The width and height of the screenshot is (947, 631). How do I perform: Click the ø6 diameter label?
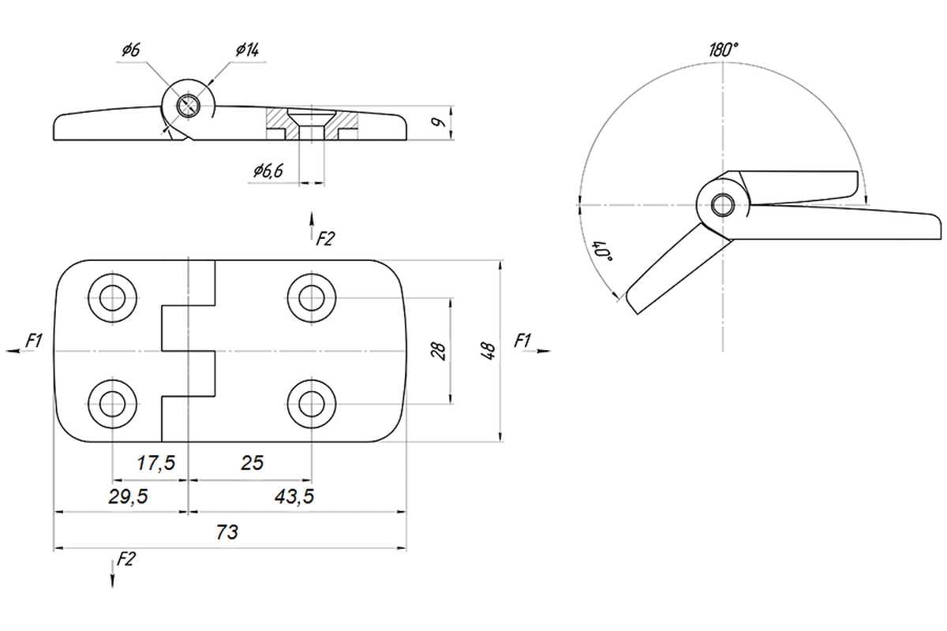131,50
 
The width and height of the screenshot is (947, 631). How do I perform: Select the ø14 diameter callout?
247,50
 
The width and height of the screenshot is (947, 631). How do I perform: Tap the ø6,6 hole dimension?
268,171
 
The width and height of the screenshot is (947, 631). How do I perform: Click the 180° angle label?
724,50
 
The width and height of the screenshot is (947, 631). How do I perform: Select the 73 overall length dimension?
227,532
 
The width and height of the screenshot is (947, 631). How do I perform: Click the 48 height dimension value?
488,351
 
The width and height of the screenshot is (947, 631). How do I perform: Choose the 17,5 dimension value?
155,463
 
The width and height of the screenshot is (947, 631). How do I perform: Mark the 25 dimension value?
252,463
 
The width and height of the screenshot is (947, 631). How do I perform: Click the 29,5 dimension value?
128,497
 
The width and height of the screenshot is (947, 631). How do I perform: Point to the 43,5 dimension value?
294,497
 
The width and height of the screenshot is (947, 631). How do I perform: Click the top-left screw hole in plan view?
112,298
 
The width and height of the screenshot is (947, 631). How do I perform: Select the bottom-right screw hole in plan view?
312,404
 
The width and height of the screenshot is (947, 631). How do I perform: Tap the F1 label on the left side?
34,341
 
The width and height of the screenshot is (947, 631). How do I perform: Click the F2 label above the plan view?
325,239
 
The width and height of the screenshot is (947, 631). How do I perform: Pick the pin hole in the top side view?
188,105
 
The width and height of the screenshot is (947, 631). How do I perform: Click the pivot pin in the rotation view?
723,205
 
